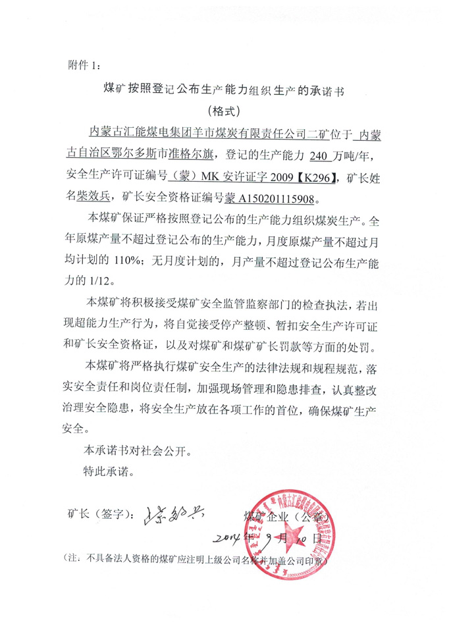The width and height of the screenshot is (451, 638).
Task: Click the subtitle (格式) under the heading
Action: tap(225, 110)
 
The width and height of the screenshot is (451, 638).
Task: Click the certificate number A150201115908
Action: tap(280, 196)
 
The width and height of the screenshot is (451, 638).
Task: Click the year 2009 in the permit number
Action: tap(277, 176)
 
